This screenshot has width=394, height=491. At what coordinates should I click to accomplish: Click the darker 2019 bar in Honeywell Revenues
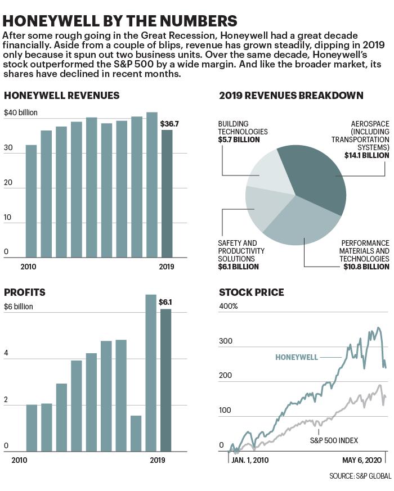167,193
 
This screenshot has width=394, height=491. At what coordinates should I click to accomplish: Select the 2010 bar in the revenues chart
31,201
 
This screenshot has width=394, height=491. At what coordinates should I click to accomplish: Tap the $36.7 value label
169,124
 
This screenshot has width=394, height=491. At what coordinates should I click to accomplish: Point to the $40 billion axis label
21,112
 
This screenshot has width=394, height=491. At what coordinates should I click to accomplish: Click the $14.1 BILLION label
367,155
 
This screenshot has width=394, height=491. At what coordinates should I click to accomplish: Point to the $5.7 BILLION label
239,139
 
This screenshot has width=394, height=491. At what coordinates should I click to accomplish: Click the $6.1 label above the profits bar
165,302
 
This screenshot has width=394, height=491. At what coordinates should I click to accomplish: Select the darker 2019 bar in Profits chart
166,380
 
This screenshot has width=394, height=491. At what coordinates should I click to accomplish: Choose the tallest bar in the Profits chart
151,373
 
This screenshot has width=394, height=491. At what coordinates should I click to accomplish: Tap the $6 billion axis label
19,307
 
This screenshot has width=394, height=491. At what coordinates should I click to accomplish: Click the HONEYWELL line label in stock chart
297,357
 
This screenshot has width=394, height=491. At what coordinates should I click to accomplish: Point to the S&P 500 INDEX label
334,440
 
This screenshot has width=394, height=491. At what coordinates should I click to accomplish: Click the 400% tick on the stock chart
229,307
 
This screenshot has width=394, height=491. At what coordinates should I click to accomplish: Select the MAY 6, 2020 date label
362,460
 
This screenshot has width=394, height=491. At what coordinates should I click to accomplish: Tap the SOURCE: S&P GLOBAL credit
360,476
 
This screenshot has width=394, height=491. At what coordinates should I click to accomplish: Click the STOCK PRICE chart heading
252,292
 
